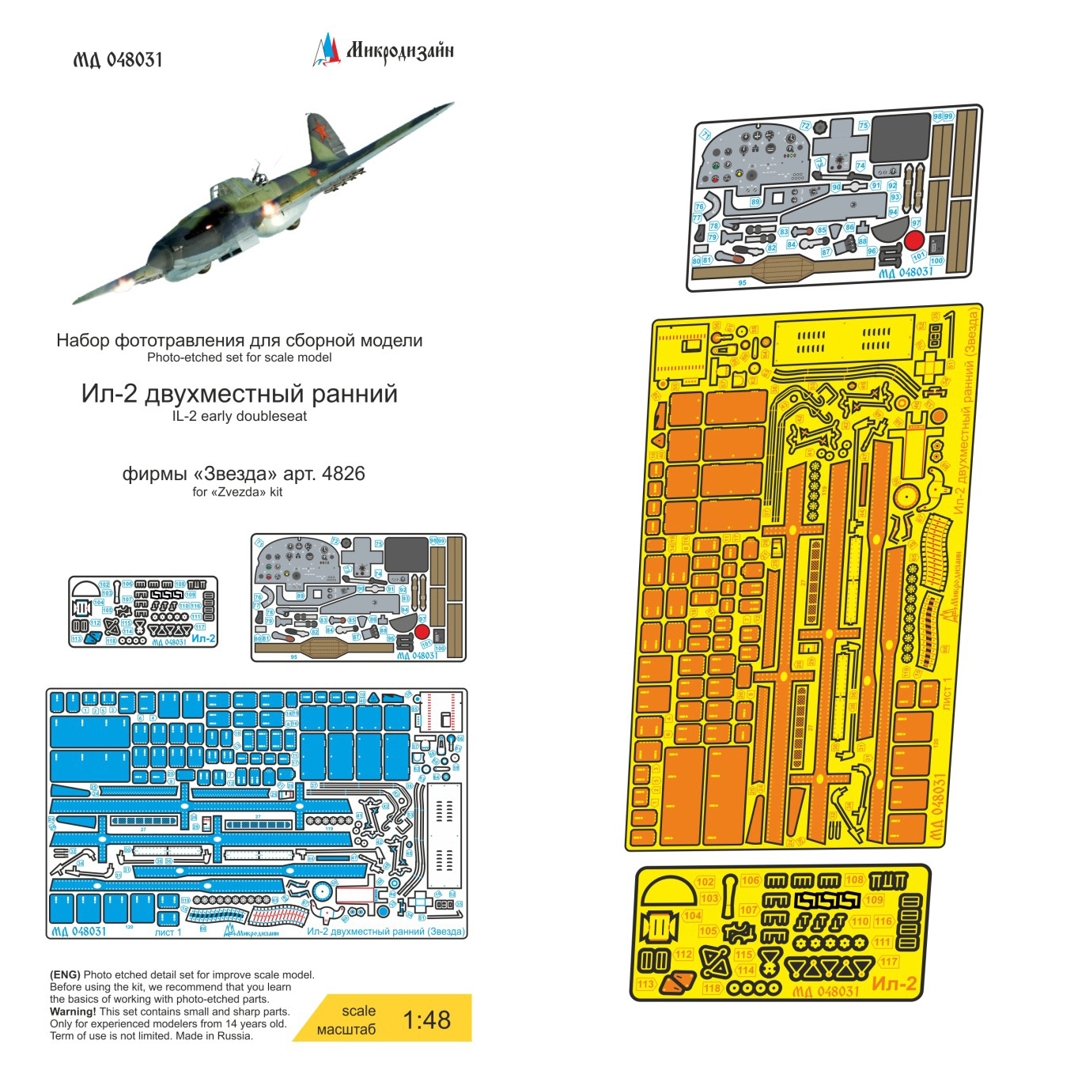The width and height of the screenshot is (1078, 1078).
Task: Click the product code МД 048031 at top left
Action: point(118,60)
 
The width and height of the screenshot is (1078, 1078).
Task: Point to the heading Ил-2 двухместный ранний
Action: point(239,394)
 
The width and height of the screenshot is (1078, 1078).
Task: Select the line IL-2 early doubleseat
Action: point(239,417)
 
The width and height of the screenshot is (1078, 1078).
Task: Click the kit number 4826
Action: point(343,474)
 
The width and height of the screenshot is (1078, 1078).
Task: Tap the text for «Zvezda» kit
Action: point(237,492)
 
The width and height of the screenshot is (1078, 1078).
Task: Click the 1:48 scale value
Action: point(426,1020)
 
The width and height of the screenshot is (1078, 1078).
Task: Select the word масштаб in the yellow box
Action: point(346,1030)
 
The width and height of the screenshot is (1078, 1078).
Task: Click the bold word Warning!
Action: point(73,1012)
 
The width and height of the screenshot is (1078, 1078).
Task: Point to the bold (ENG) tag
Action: point(65,975)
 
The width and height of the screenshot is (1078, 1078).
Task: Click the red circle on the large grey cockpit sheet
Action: point(914,240)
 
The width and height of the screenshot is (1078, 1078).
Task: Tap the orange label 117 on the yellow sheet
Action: point(889,962)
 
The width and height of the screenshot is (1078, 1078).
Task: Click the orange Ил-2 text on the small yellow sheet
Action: point(894,984)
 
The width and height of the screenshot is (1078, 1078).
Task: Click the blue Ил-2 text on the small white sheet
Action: point(203,638)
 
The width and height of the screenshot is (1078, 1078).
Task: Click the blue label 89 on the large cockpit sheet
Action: point(755,202)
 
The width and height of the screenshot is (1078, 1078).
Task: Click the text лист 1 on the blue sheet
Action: point(168,932)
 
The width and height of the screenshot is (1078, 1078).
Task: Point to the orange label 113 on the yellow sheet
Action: point(646,985)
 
